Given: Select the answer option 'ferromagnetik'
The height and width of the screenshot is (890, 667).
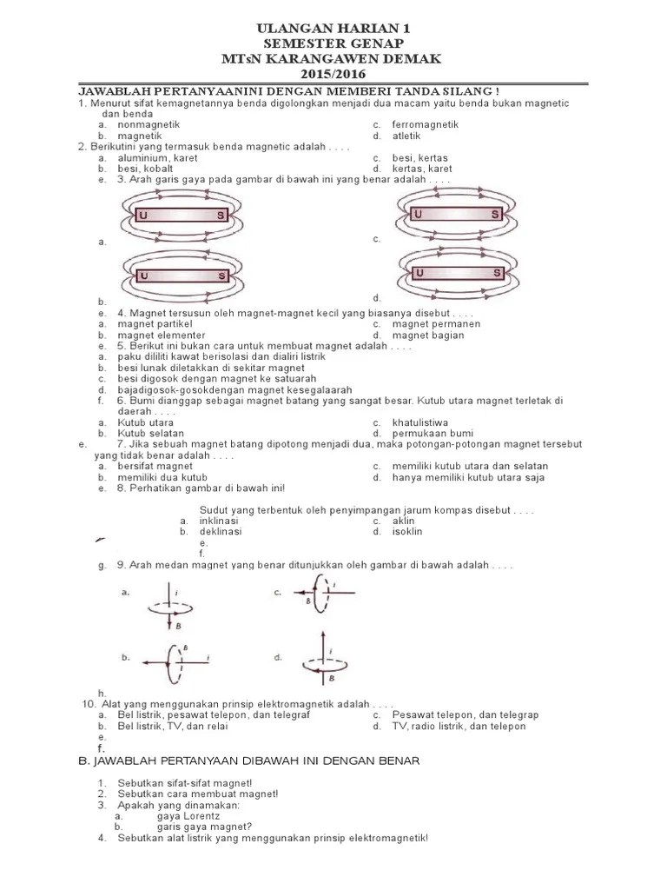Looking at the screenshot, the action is point(425,125).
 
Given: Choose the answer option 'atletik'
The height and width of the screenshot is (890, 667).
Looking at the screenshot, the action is point(406,136).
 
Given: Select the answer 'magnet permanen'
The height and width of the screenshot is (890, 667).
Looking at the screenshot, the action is point(436,324).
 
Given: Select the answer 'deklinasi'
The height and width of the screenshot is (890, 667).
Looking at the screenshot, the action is point(221,531).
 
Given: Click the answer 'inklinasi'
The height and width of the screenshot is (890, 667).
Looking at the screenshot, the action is point(219,521).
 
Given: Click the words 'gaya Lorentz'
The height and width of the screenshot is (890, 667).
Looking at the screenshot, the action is point(188,816).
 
